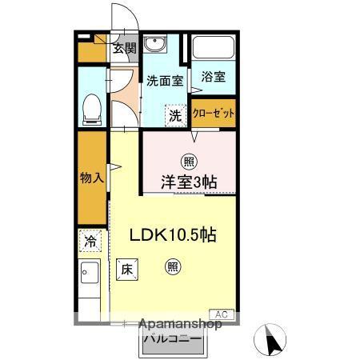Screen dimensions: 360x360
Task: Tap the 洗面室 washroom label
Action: pyautogui.click(x=165, y=80)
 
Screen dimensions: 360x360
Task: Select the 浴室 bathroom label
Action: pyautogui.click(x=214, y=78)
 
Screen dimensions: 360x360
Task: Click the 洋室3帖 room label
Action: pyautogui.click(x=190, y=182)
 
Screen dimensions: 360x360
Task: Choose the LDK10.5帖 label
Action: pyautogui.click(x=174, y=235)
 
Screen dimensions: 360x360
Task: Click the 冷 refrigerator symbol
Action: pyautogui.click(x=90, y=240)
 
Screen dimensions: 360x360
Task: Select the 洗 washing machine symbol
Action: pyautogui.click(x=175, y=115)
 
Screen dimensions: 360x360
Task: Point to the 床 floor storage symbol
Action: pyautogui.click(x=126, y=270)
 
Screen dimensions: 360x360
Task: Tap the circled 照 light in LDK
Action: pyautogui.click(x=173, y=267)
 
